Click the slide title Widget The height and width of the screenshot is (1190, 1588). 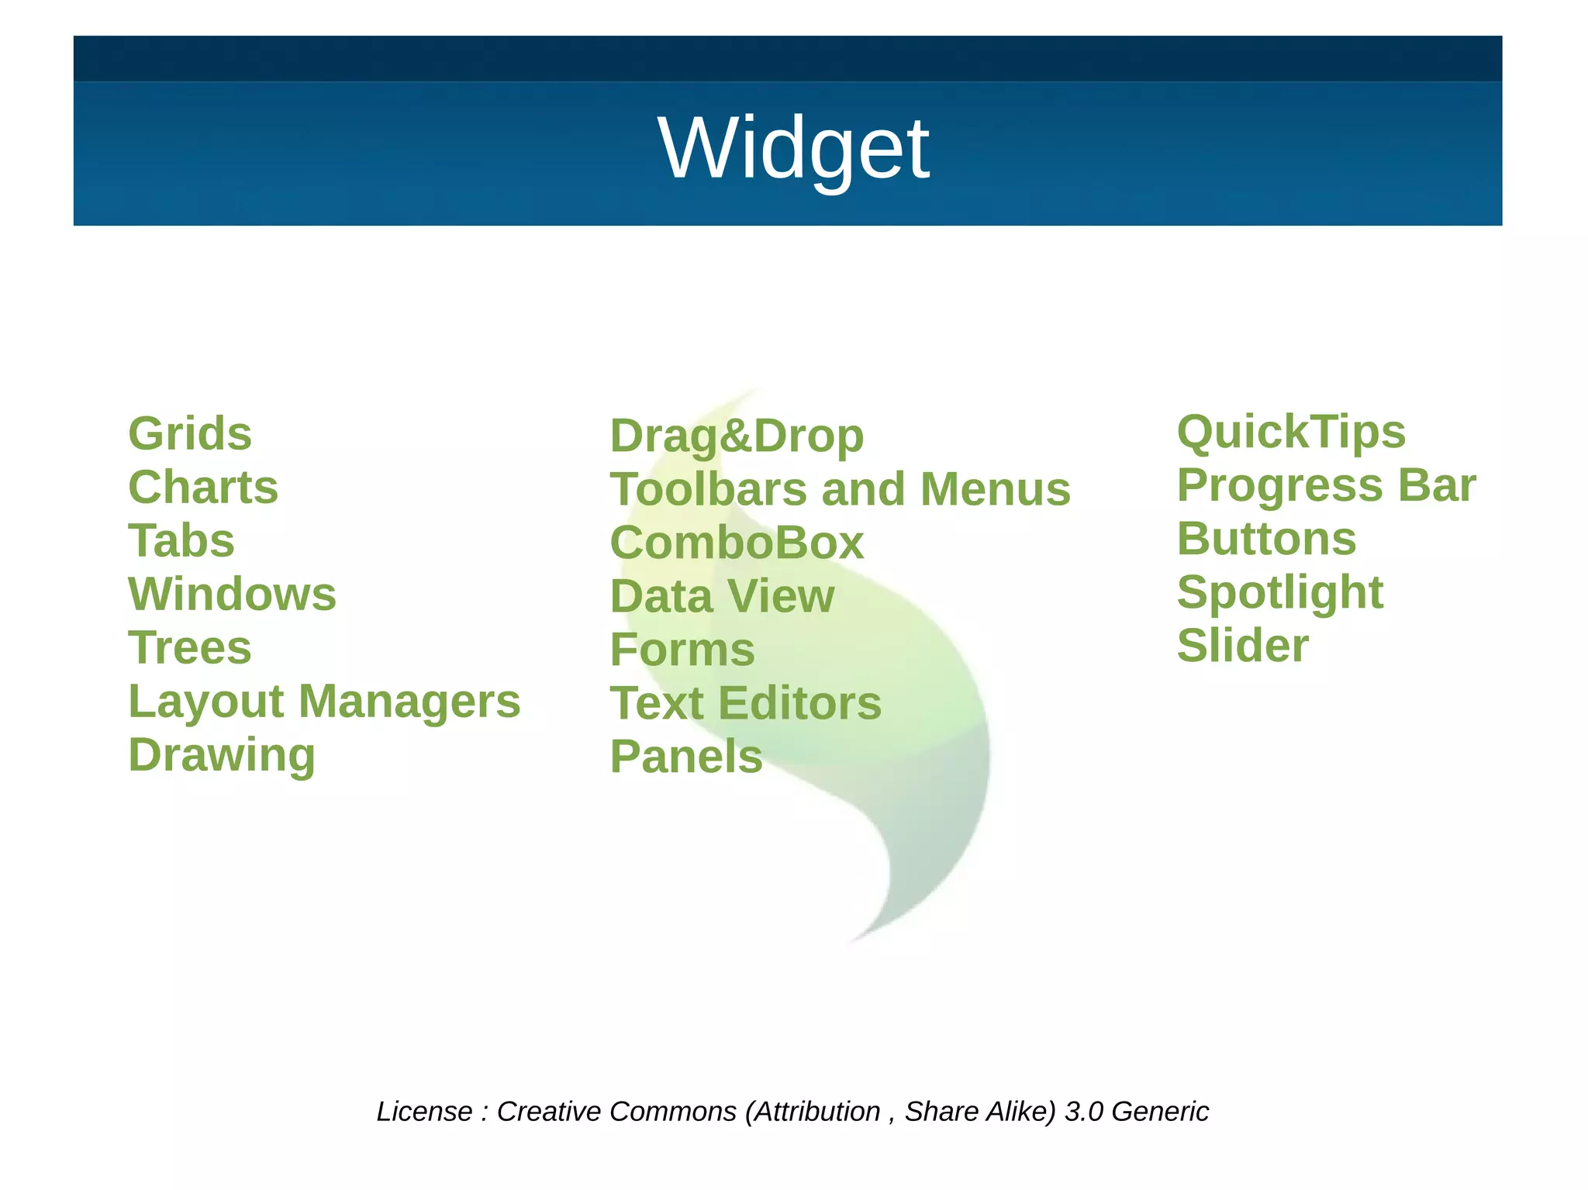(x=793, y=147)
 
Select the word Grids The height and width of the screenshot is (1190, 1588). (x=190, y=433)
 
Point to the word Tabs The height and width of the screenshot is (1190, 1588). (x=181, y=540)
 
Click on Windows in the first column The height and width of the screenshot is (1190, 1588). (x=233, y=594)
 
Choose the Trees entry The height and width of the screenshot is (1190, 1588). (x=190, y=647)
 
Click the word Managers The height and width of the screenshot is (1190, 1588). (x=409, y=702)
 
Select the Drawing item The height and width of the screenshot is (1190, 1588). (x=222, y=755)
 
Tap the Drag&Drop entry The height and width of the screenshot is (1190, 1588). (x=737, y=436)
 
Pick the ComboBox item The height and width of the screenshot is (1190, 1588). (x=737, y=543)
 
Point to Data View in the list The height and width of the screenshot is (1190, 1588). (x=722, y=596)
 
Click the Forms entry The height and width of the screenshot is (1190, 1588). (x=682, y=650)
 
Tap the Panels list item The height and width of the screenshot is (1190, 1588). (x=686, y=757)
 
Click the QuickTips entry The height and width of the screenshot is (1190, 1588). (x=1291, y=432)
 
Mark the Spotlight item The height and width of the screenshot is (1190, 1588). (x=1280, y=593)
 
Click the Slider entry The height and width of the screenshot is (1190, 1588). (x=1243, y=646)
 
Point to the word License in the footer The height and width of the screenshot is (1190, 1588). (x=424, y=1112)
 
